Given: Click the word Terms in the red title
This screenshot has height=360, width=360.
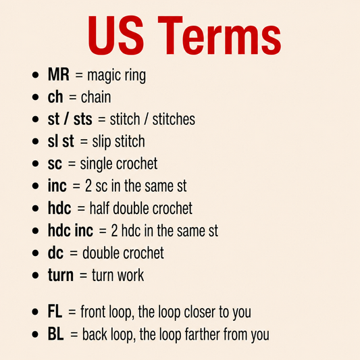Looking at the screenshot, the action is pyautogui.click(x=220, y=35).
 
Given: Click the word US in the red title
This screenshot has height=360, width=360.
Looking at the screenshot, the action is pyautogui.click(x=116, y=35).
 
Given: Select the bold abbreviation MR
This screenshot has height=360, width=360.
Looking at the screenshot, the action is pyautogui.click(x=59, y=74).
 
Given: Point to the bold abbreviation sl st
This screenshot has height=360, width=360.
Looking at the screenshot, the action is pyautogui.click(x=61, y=141).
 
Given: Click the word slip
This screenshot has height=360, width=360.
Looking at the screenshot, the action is pyautogui.click(x=102, y=142).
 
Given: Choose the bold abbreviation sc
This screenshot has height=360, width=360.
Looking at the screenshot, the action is pyautogui.click(x=55, y=164).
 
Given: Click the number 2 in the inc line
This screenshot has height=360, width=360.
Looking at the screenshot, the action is pyautogui.click(x=88, y=186).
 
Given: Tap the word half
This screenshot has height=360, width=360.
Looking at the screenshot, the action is pyautogui.click(x=99, y=208).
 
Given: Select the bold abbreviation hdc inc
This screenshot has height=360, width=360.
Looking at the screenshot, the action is pyautogui.click(x=70, y=230).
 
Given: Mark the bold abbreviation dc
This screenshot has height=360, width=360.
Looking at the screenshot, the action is pyautogui.click(x=55, y=253).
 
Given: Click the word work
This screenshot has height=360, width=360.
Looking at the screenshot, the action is pyautogui.click(x=130, y=275).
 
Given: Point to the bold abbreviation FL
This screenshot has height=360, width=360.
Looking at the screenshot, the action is pyautogui.click(x=55, y=311).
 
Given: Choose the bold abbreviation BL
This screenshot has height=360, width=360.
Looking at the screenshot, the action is pyautogui.click(x=56, y=334).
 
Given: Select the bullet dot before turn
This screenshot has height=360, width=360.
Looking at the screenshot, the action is pyautogui.click(x=35, y=275).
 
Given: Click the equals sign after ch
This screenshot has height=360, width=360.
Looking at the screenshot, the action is pyautogui.click(x=72, y=97).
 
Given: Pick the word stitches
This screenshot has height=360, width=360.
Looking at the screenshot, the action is pyautogui.click(x=174, y=119).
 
